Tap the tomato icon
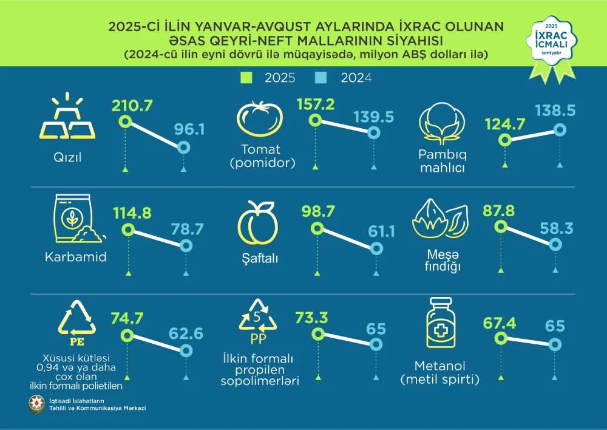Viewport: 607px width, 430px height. click(x=260, y=119)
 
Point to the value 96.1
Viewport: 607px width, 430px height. click(x=188, y=129)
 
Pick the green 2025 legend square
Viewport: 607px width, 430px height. click(x=246, y=78)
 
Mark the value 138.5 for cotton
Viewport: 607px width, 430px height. click(x=555, y=111)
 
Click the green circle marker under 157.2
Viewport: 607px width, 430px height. click(x=315, y=120)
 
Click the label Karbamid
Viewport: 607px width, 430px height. click(x=76, y=257)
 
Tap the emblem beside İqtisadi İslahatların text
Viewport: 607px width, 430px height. click(x=32, y=404)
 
